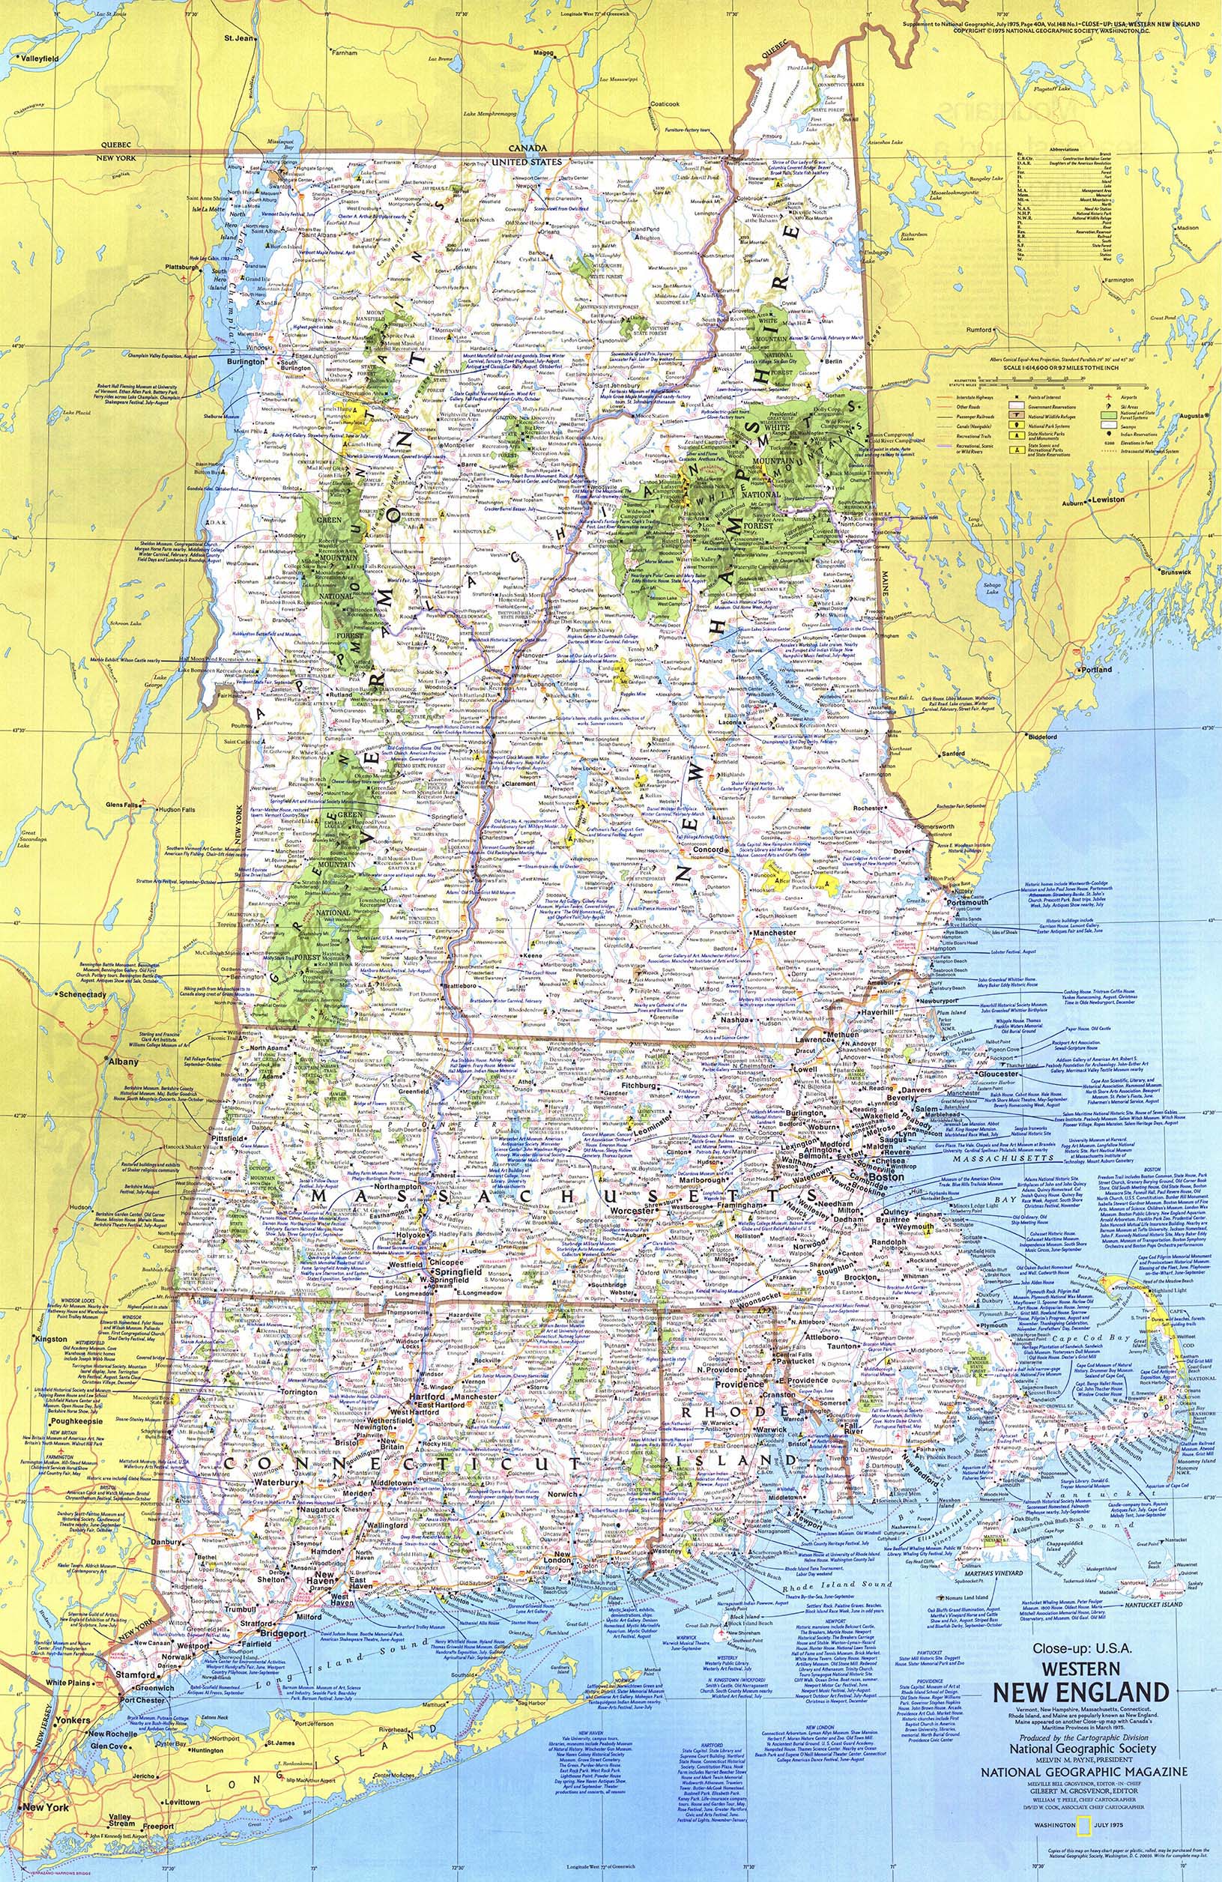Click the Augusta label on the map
pyautogui.click(x=1192, y=416)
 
